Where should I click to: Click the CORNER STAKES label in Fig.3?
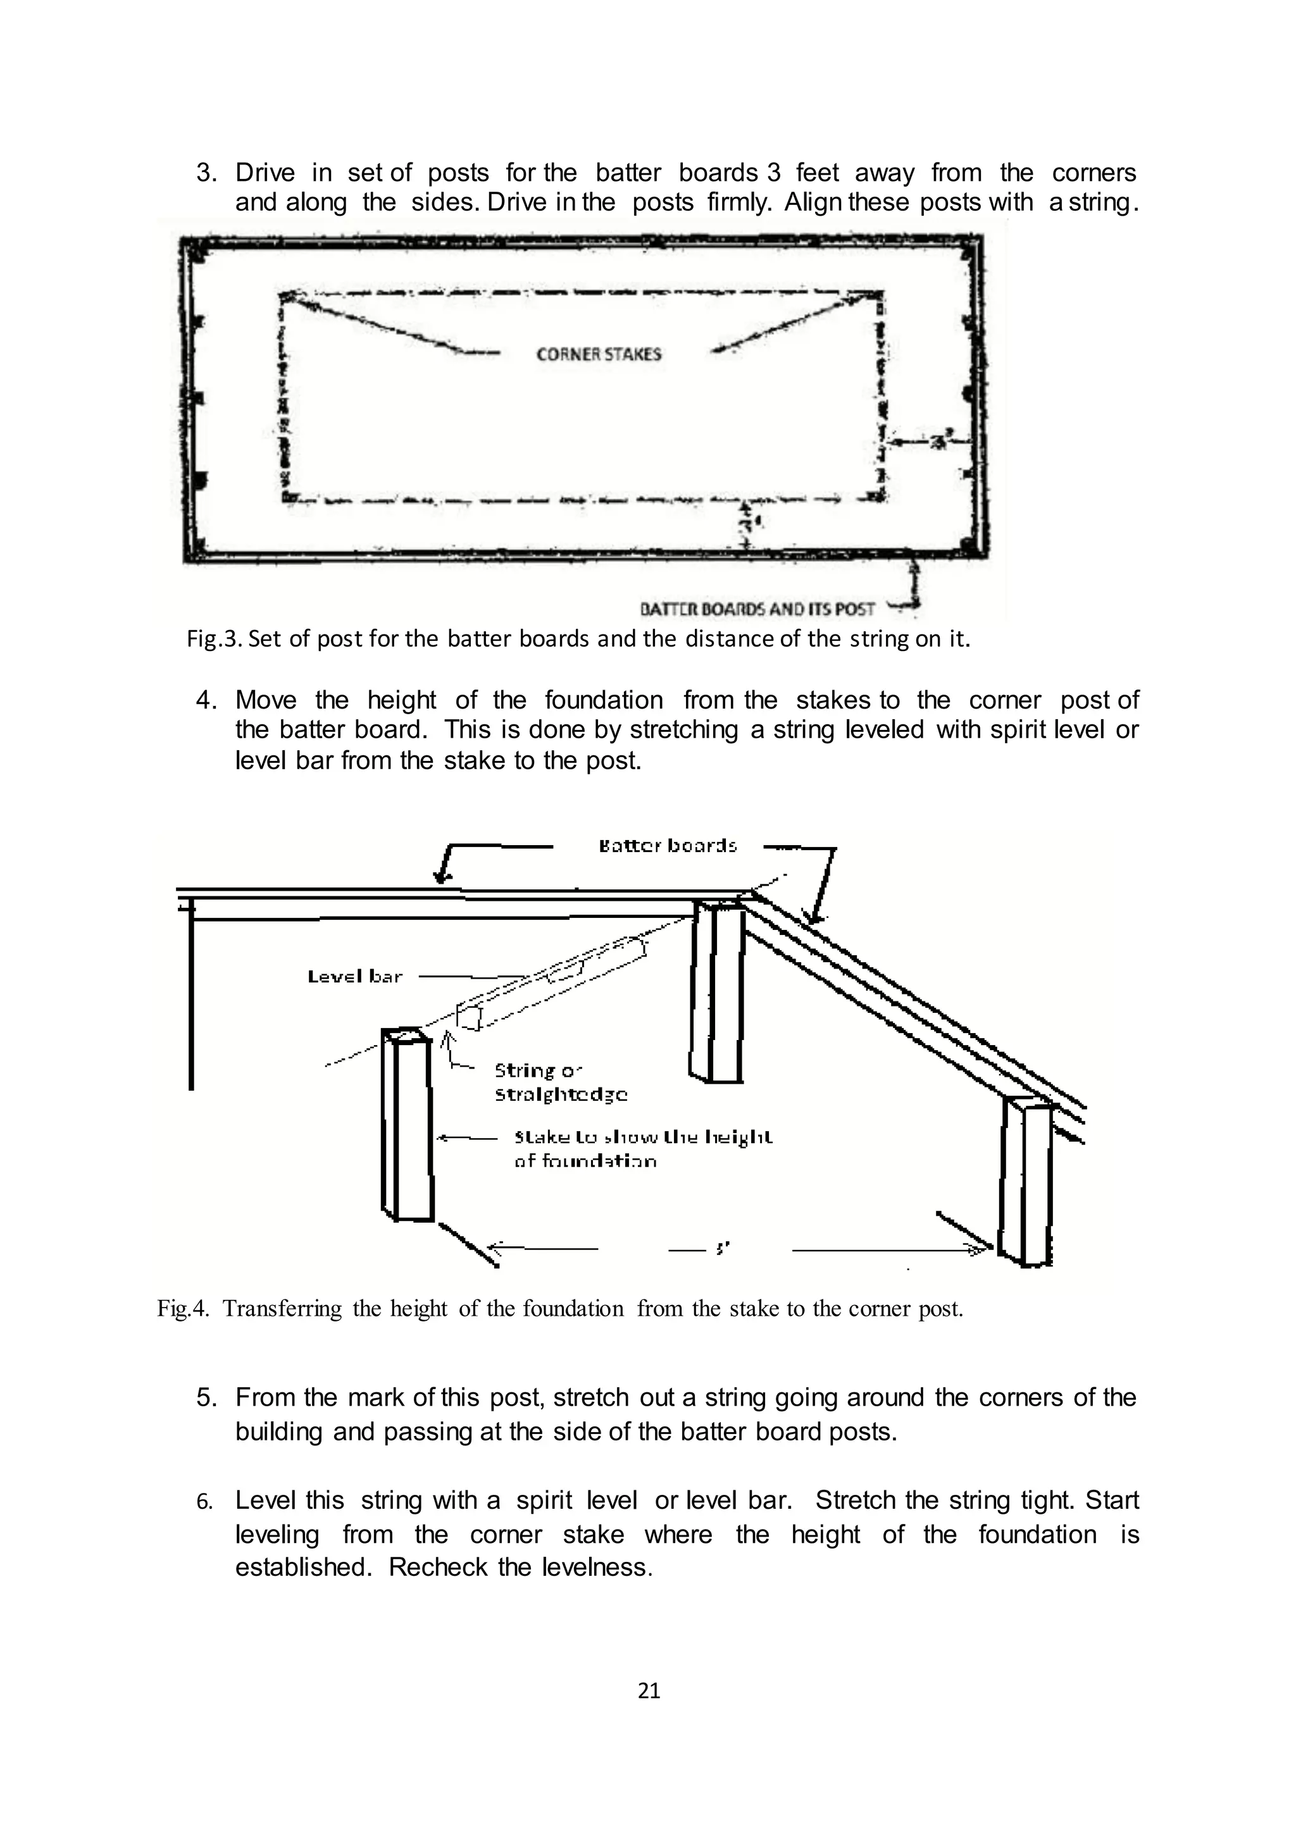[x=599, y=354]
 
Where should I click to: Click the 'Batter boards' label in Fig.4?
[x=667, y=845]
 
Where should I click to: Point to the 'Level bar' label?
[x=354, y=976]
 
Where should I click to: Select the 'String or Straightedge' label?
[x=560, y=1081]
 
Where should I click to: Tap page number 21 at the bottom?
[x=649, y=1690]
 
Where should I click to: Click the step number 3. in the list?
[x=207, y=172]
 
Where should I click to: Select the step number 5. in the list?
[x=207, y=1397]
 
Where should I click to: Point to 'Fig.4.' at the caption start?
[x=183, y=1309]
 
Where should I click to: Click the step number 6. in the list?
[x=205, y=1502]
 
